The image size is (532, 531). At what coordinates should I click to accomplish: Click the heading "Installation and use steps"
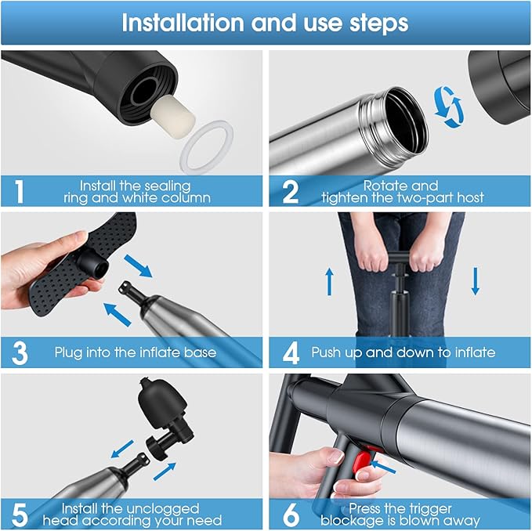(x=265, y=23)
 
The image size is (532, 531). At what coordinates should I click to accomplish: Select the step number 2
(x=290, y=191)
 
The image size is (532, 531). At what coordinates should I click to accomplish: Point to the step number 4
(x=290, y=352)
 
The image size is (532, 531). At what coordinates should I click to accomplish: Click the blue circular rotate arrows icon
(x=447, y=107)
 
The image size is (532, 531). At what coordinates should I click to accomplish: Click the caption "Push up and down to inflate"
(x=403, y=352)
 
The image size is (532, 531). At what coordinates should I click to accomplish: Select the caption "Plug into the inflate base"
(x=136, y=352)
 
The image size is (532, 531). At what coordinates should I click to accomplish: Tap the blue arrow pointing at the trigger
(x=384, y=468)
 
